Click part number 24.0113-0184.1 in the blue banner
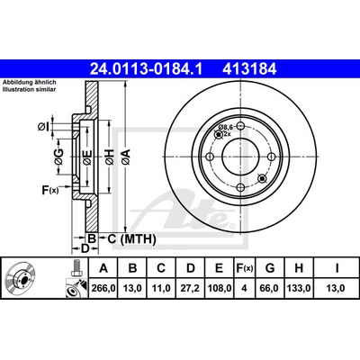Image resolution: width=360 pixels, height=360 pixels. pyautogui.click(x=147, y=69)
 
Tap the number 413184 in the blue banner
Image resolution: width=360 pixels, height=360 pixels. pyautogui.click(x=249, y=69)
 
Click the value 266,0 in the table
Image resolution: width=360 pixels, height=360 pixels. pyautogui.click(x=103, y=289)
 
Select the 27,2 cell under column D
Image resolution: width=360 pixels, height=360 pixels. pyautogui.click(x=191, y=289)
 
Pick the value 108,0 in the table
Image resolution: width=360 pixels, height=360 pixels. pyautogui.click(x=220, y=289)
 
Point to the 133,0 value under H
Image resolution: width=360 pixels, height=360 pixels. pyautogui.click(x=299, y=289)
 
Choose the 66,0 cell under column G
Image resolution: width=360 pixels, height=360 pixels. pyautogui.click(x=269, y=289)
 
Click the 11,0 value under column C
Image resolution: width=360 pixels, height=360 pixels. pyautogui.click(x=161, y=289)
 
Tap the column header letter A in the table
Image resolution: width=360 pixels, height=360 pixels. pyautogui.click(x=103, y=268)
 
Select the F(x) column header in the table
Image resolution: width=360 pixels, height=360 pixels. pyautogui.click(x=244, y=268)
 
